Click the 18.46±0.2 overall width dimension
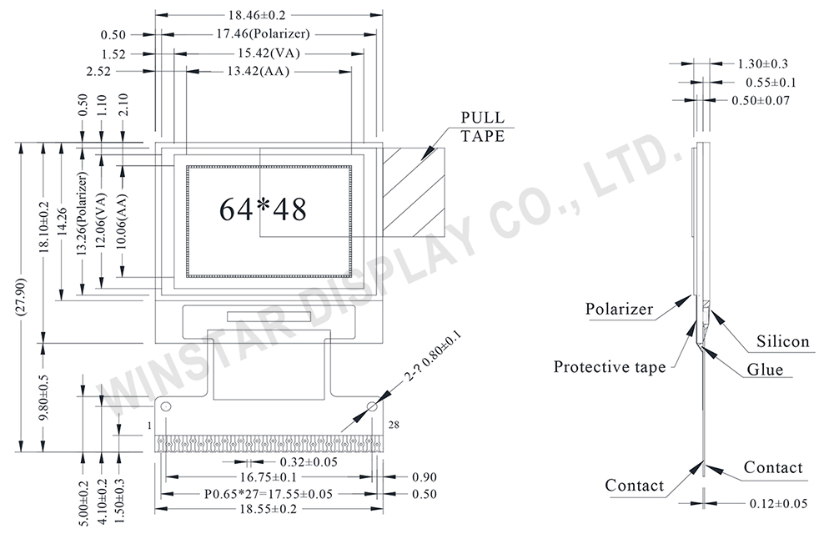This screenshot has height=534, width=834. [x=263, y=15]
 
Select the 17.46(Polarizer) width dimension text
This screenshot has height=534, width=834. [x=263, y=34]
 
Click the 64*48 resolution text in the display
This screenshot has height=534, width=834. [x=263, y=209]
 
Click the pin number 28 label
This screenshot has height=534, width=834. [x=394, y=425]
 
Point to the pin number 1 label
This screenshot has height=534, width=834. [x=149, y=426]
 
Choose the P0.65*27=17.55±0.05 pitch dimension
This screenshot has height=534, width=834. [x=269, y=494]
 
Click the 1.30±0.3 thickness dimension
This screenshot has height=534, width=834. [x=763, y=64]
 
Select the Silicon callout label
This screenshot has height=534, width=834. [x=782, y=341]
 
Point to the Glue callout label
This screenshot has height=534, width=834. [x=765, y=369]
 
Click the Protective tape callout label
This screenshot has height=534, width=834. [x=610, y=367]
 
